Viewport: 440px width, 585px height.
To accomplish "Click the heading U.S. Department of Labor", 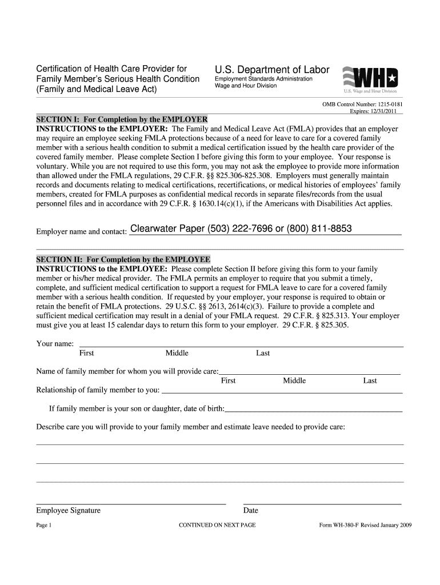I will tap(272, 70).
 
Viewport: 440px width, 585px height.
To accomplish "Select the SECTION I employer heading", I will tap(122, 120).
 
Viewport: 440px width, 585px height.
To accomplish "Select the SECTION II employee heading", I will tap(123, 259).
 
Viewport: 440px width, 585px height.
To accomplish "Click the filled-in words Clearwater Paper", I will tap(166, 229).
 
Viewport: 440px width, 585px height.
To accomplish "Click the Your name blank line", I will tap(240, 345).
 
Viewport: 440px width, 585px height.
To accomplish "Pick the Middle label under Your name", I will tap(177, 354).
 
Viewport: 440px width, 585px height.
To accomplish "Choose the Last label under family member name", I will tap(370, 381).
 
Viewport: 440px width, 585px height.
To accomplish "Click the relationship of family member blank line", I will tap(282, 392).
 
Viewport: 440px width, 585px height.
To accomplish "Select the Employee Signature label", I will tap(68, 511).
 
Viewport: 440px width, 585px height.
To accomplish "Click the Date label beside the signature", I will tap(250, 511).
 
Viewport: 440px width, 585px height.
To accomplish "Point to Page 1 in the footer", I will tap(44, 525).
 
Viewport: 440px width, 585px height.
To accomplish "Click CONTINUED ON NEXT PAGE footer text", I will tap(217, 525).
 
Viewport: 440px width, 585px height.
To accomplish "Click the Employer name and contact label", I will tap(81, 232).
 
